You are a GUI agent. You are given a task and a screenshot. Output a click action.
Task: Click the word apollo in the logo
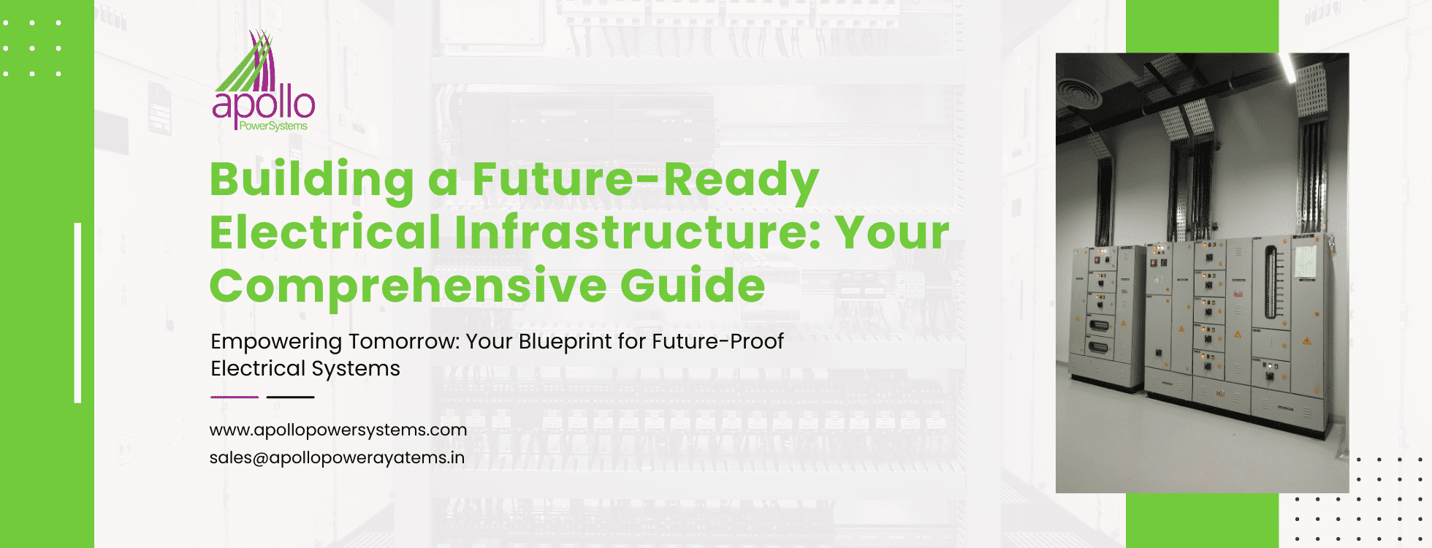coord(264,104)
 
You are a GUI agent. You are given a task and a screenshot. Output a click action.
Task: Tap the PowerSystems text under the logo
coord(273,126)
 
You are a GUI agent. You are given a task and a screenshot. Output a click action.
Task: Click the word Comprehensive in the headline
coord(408,286)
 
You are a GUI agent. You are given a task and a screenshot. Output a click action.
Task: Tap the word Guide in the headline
coord(693,285)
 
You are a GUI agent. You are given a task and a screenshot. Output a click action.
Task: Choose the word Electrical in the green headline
coord(325,232)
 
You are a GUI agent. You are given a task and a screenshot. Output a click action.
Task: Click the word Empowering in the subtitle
coord(276,342)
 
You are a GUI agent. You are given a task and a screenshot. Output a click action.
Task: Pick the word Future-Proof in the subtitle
coord(717,341)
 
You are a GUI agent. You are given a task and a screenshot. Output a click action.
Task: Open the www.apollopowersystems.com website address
coord(338,430)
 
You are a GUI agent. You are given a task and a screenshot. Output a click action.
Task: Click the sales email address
coord(337,458)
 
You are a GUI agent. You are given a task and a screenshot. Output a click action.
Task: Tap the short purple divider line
coord(235,397)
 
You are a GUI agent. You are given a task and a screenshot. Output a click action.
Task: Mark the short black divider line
coord(290,397)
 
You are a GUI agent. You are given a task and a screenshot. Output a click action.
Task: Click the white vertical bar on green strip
coord(77,313)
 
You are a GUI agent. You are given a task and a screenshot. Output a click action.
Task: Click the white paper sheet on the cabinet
coord(1306,261)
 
